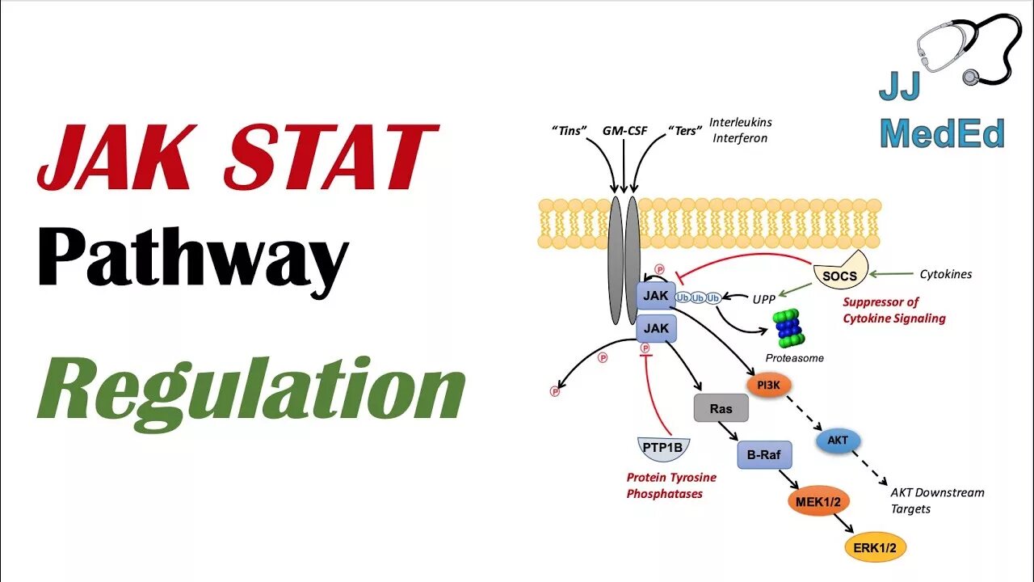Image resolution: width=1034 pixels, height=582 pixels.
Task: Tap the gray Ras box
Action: pos(721,409)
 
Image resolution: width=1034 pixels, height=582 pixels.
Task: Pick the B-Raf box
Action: pos(764,455)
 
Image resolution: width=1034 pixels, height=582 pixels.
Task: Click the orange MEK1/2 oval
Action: pos(819,502)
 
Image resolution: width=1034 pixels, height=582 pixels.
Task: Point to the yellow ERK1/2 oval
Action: pos(875,548)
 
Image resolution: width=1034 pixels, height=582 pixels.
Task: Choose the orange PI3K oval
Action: pos(769,385)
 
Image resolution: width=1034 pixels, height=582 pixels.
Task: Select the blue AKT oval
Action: pos(838,441)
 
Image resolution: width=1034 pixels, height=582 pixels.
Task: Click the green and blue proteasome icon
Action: pos(786,329)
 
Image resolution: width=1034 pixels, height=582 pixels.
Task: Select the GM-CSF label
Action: pos(624,130)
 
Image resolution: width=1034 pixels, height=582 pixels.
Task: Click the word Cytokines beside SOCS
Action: pos(946,274)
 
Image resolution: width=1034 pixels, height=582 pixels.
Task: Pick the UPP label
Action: pos(763,299)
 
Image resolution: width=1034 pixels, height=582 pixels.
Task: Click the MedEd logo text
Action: pos(942,134)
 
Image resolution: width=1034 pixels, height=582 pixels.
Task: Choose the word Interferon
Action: pos(738,138)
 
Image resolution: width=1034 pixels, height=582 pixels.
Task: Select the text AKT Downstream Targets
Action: pos(937,500)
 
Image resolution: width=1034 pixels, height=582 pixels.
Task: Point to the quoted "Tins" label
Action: pos(569,130)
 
